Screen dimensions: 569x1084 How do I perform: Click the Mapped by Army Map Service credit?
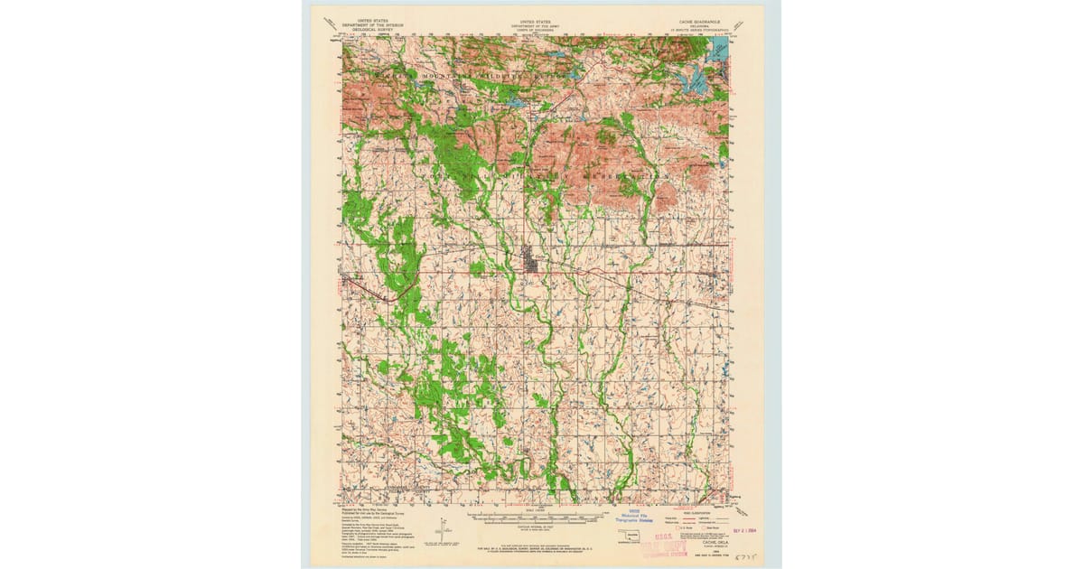(366, 510)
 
